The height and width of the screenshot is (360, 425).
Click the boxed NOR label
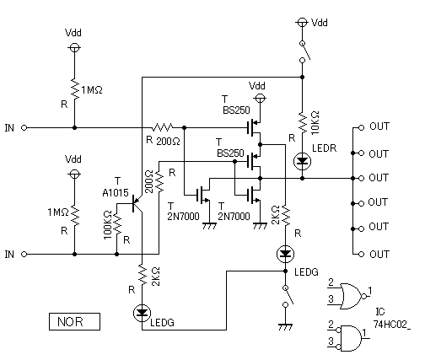[x=74, y=321]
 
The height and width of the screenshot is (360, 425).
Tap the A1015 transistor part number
[x=116, y=193]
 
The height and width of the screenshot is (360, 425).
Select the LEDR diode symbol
[x=302, y=161]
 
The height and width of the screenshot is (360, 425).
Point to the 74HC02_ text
[x=392, y=325]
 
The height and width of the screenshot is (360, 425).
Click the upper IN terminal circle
[x=24, y=128]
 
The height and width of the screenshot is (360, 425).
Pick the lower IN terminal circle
[x=24, y=255]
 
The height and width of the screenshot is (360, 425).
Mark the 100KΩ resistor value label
[x=108, y=225]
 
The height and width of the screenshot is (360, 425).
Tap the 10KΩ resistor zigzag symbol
[x=302, y=122]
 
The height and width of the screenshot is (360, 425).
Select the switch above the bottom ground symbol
[x=288, y=296]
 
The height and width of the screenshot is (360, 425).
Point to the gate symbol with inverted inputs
[x=349, y=338]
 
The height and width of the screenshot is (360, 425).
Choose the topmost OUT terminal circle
[x=361, y=128]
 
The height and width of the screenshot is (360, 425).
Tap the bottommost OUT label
[x=379, y=254]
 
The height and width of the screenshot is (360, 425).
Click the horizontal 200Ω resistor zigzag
[x=162, y=128]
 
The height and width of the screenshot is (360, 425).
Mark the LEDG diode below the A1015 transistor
[x=143, y=313]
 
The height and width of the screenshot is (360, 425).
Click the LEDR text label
[x=324, y=148]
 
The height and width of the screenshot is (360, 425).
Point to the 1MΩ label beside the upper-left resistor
[x=92, y=90]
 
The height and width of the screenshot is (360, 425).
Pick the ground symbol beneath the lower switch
[x=285, y=327]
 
